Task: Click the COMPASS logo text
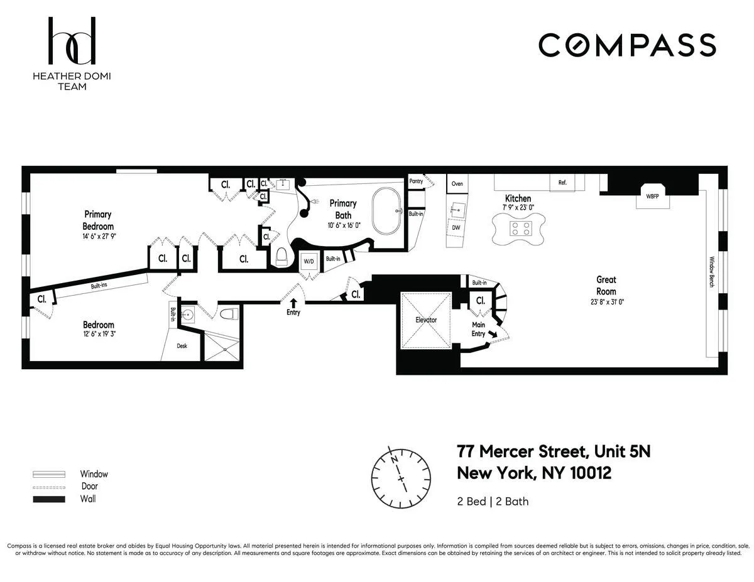tap(627, 45)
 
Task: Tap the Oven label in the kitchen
tap(457, 183)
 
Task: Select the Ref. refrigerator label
tap(562, 183)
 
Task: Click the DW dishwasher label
tap(456, 227)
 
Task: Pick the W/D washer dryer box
tap(309, 261)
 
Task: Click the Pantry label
tap(416, 181)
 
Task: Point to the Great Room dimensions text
tap(606, 302)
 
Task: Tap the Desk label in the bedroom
tap(182, 346)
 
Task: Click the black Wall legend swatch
tap(49, 499)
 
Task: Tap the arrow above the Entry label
tap(293, 303)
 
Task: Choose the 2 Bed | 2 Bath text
tap(493, 501)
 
